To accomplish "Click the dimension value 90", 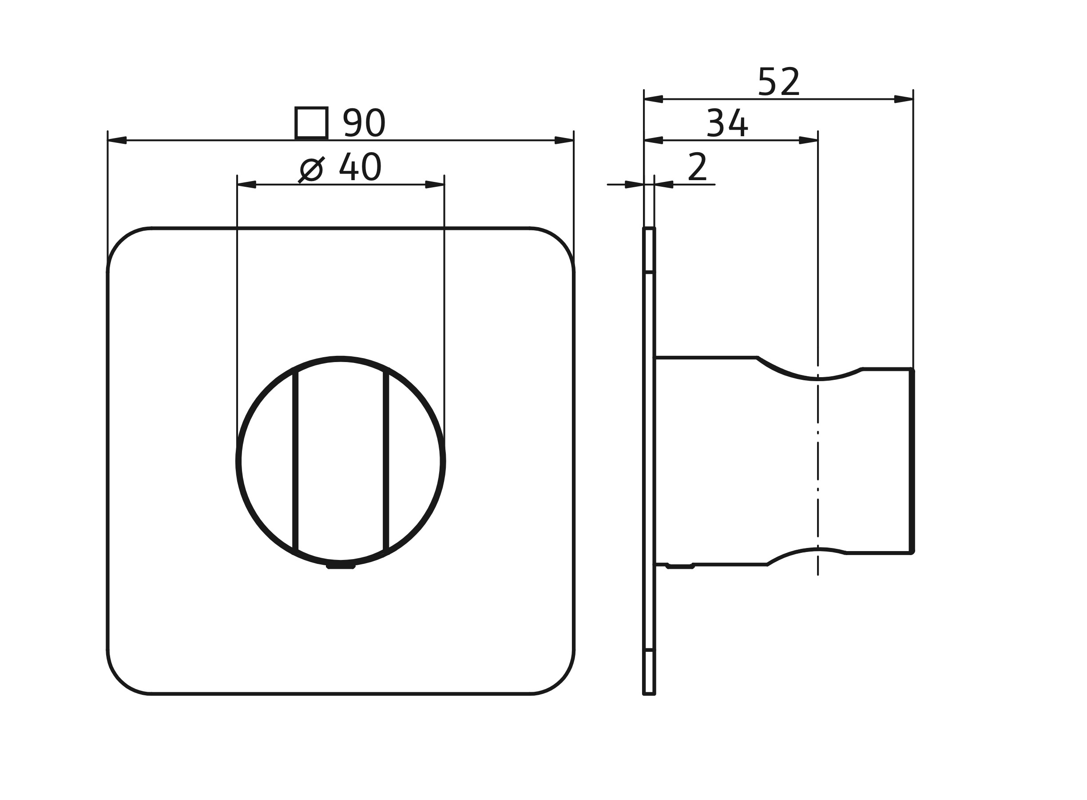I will (x=364, y=122).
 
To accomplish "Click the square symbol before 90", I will (x=311, y=123).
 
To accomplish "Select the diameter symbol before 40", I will (x=311, y=169).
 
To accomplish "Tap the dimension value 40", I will (x=360, y=167).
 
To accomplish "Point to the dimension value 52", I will (x=778, y=81).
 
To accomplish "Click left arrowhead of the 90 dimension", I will (x=117, y=141).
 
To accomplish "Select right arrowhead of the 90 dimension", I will (x=563, y=141).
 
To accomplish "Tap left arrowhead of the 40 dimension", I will (x=247, y=185).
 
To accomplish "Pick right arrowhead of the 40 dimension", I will (x=434, y=185).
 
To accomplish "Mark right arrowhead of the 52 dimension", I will (x=903, y=99).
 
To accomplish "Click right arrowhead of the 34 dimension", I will (x=808, y=141).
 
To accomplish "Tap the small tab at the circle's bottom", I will (x=341, y=566).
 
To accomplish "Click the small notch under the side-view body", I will (x=680, y=566).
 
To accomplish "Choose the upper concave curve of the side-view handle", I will (x=809, y=378).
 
